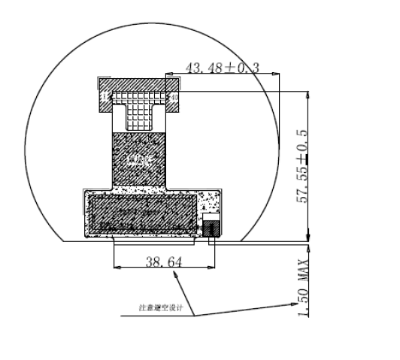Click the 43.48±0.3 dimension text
coord(222,68)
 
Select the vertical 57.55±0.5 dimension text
coord(303,166)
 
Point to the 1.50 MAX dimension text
coord(304,289)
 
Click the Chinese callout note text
coord(160,307)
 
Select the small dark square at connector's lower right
coord(211,228)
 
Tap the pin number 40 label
coord(174,96)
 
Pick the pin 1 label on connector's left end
coord(106,95)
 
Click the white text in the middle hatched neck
coord(140,160)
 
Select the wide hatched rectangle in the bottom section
coord(143,213)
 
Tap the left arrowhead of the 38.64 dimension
coord(115,267)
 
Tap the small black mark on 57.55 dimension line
coord(308,159)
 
